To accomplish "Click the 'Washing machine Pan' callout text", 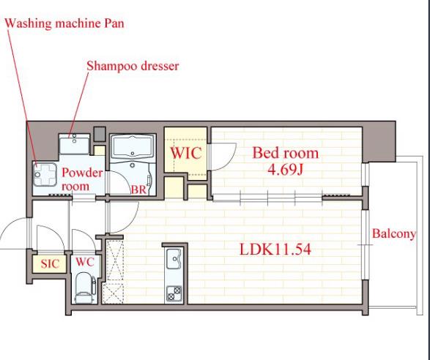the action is coord(64,23).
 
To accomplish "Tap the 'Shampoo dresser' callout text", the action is coord(133,66).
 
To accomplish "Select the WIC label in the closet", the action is coord(186,153).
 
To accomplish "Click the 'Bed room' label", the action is coord(285,153).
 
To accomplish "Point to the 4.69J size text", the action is coord(285,170).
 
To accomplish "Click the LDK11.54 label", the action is coord(275,250).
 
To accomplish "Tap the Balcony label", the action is coord(394,234).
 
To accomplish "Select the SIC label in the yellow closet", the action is coord(50,264).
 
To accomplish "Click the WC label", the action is coord(85,262).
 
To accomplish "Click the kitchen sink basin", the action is coord(174,259).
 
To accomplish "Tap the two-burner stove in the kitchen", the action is coord(174,293).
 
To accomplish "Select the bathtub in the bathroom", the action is coord(133,147).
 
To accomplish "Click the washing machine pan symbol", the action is coord(45,175).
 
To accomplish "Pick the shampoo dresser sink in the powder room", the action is coord(74,143).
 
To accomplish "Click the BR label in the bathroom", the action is coord(138,190).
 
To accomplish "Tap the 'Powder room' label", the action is coord(81,179).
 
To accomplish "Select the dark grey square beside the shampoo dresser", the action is coord(100,134).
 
